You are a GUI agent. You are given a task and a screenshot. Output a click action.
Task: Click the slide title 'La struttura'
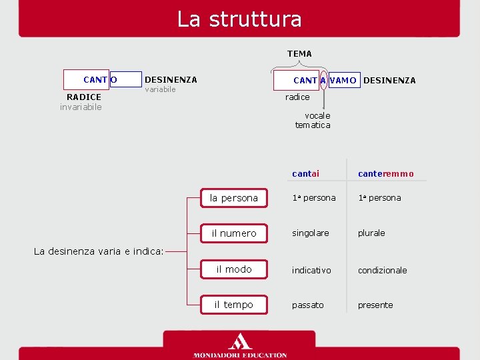(x=239, y=19)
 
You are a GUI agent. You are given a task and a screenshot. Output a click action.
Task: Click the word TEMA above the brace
(x=299, y=53)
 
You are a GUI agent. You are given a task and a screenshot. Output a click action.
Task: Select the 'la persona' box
(x=233, y=198)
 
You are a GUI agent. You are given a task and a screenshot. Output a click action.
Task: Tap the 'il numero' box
(x=233, y=233)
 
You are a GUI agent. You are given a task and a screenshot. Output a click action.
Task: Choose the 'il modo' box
(x=233, y=269)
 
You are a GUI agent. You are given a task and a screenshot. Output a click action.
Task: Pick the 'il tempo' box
(x=233, y=305)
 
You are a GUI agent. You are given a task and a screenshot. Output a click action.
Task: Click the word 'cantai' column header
(x=305, y=173)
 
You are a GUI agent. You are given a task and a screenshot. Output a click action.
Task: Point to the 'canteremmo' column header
(x=386, y=173)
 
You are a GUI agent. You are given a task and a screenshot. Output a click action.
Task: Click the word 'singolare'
(x=310, y=233)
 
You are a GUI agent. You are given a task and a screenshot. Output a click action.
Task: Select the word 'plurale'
(x=371, y=233)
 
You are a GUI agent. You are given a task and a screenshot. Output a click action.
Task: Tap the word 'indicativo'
(x=311, y=270)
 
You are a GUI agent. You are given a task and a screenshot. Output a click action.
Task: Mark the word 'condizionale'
(x=382, y=270)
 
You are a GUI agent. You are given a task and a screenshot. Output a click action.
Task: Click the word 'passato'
(x=307, y=305)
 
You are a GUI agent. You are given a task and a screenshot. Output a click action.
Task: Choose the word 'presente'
(x=375, y=305)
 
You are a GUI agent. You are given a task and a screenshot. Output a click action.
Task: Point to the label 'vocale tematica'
(x=313, y=120)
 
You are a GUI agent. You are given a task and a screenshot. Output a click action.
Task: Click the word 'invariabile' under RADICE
(x=81, y=107)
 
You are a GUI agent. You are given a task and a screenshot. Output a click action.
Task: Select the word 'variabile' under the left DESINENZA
(x=160, y=90)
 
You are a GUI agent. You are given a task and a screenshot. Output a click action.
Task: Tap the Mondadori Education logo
(x=240, y=346)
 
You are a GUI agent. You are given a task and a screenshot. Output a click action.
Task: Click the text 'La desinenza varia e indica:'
(x=98, y=251)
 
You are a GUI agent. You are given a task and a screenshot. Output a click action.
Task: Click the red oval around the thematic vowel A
(x=323, y=80)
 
